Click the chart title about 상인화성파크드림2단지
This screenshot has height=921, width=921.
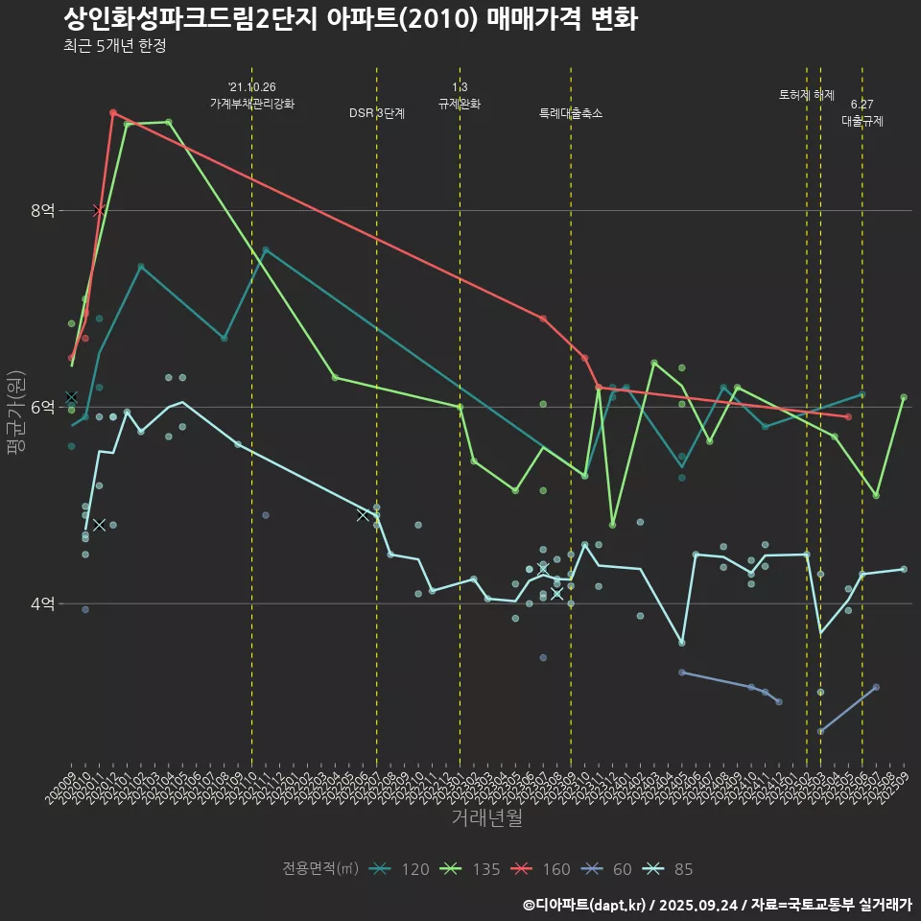point(350,18)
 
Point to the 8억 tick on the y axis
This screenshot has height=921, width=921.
point(41,210)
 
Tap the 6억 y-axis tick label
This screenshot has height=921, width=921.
point(41,407)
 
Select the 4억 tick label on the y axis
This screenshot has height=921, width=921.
point(41,603)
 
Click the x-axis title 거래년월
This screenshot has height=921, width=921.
point(486,817)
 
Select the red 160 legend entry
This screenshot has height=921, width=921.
point(542,869)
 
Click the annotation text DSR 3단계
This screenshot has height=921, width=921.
point(377,113)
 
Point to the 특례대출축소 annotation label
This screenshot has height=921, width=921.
point(571,113)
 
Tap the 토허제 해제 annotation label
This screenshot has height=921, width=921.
point(806,95)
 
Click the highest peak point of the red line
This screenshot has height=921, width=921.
point(113,113)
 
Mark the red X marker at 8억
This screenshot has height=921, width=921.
point(99,210)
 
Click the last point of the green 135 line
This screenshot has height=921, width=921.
point(904,397)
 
